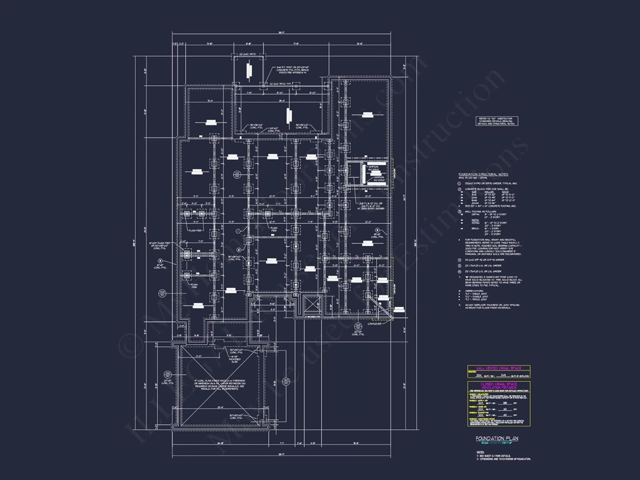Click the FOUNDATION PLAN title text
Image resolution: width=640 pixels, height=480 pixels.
[497, 438]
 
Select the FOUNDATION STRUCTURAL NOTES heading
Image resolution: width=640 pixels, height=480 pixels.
[483, 175]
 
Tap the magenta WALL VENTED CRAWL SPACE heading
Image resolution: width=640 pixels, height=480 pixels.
[498, 368]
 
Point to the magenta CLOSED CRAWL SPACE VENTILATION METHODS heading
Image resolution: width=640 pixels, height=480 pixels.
[499, 386]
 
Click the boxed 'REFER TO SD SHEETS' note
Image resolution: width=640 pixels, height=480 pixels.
[497, 121]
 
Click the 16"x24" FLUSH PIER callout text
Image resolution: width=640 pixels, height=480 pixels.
[159, 245]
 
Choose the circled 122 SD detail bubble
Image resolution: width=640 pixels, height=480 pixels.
[237, 175]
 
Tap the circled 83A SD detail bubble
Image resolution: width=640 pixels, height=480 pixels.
[168, 374]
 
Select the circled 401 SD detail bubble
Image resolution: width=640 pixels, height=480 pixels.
[286, 381]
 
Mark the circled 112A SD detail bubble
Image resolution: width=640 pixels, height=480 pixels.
[358, 326]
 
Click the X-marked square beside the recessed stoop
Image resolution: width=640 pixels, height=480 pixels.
[312, 305]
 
